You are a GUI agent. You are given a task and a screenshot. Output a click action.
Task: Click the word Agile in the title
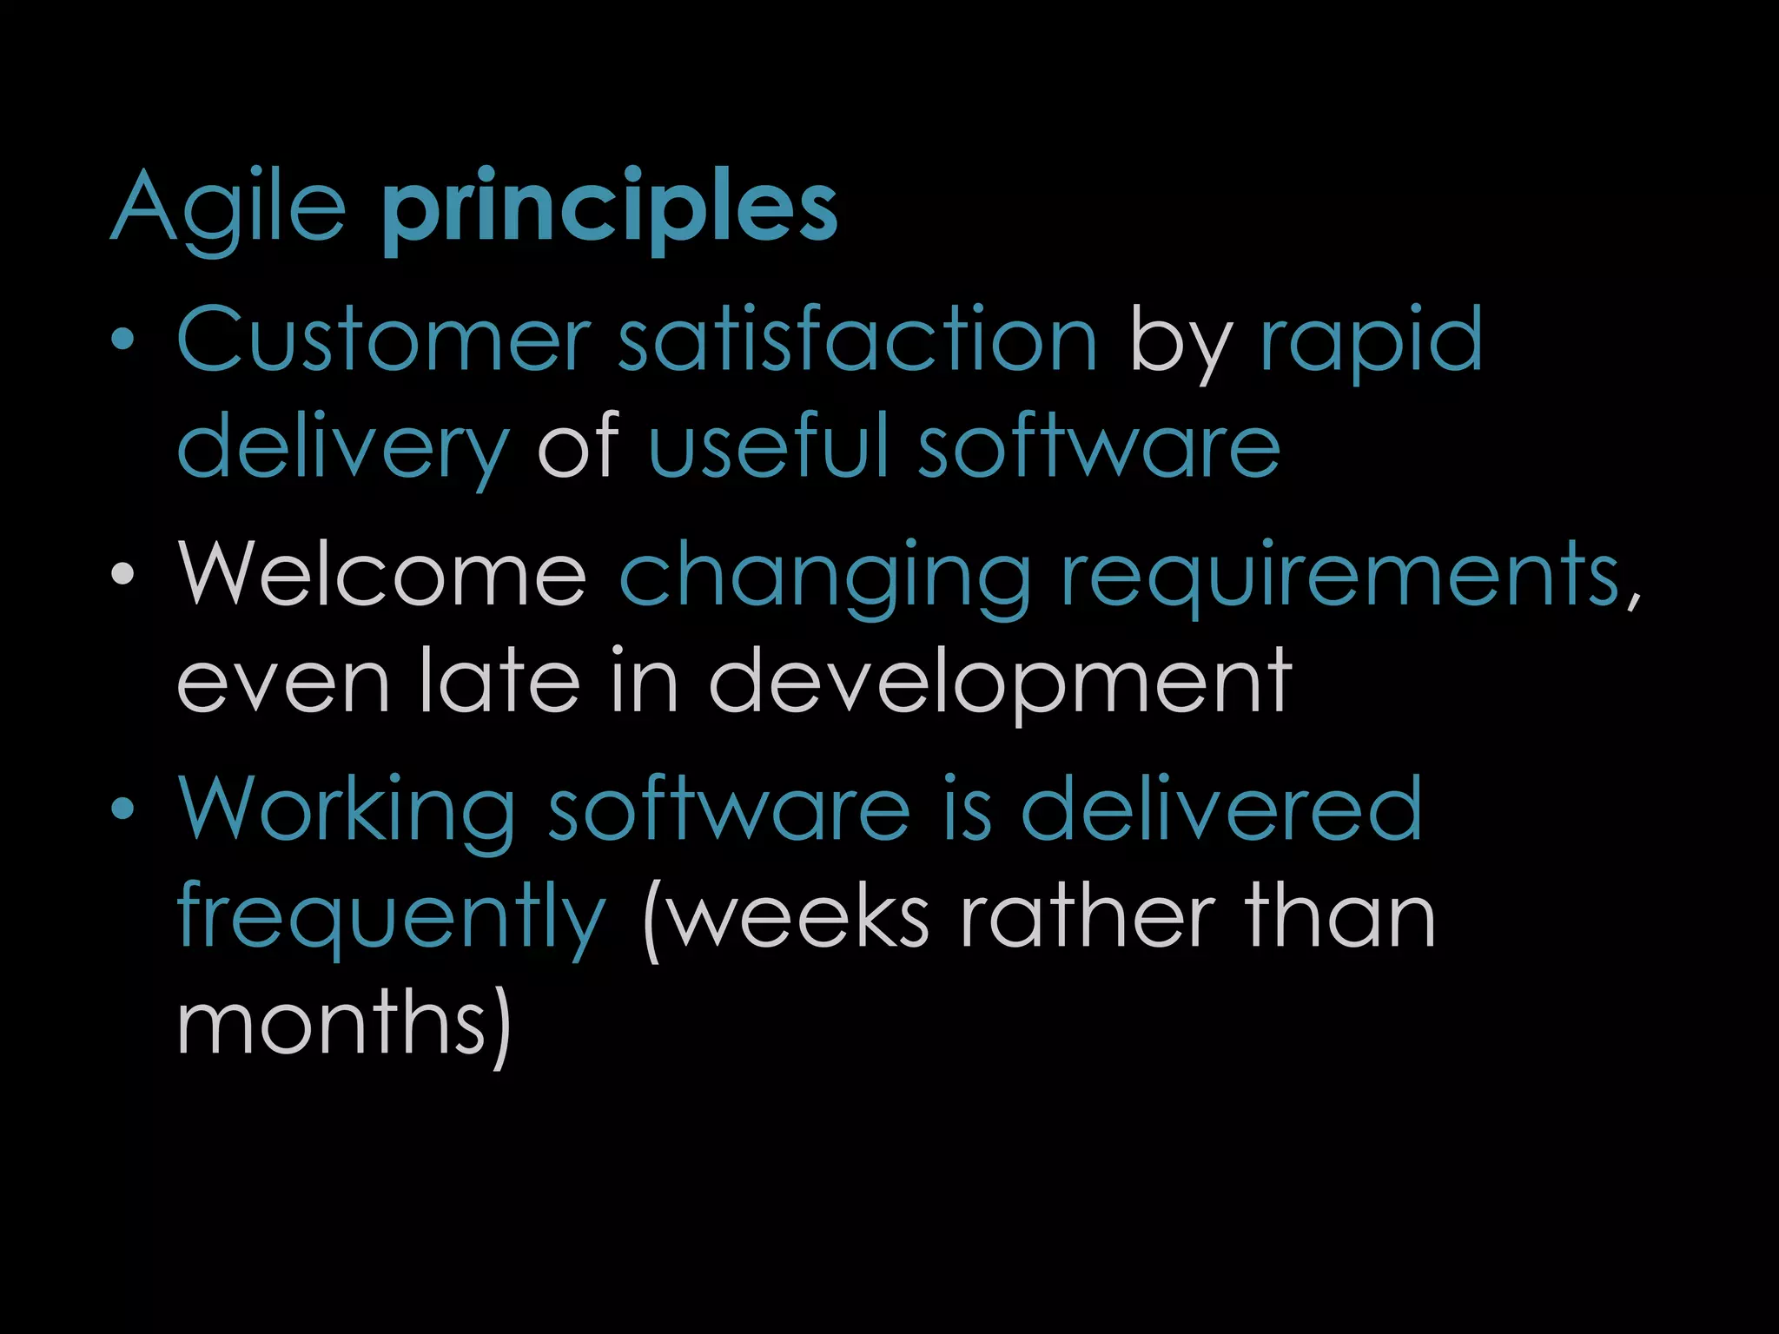(x=228, y=208)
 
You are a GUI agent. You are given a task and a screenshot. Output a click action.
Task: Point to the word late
(x=499, y=681)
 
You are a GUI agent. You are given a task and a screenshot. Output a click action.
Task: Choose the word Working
(x=347, y=810)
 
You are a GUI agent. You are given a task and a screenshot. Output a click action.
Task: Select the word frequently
(x=391, y=919)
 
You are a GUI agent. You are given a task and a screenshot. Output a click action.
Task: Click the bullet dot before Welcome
(x=123, y=574)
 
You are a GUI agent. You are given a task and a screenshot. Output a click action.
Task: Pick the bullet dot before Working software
(x=123, y=809)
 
